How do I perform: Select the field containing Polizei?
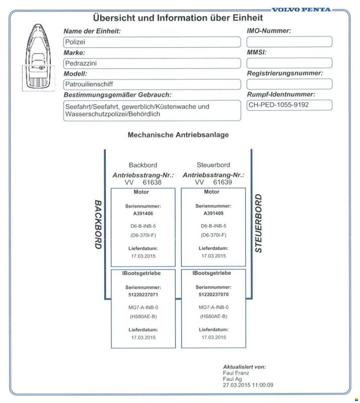click(x=152, y=42)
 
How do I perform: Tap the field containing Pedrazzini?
click(x=152, y=63)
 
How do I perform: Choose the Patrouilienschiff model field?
click(x=152, y=84)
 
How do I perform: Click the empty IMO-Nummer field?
click(x=289, y=42)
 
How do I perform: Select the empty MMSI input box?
click(x=289, y=63)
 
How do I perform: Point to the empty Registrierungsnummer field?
click(x=289, y=84)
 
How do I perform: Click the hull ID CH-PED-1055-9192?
click(x=289, y=105)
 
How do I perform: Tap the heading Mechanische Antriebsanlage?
click(x=178, y=135)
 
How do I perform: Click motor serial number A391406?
click(x=142, y=213)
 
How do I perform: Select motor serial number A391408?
click(x=213, y=213)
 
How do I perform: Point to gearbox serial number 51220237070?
click(x=213, y=294)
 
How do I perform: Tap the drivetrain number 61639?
click(x=222, y=182)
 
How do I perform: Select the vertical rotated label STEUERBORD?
click(x=258, y=222)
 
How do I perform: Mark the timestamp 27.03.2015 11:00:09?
click(x=248, y=385)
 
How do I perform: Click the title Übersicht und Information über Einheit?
click(x=178, y=18)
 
